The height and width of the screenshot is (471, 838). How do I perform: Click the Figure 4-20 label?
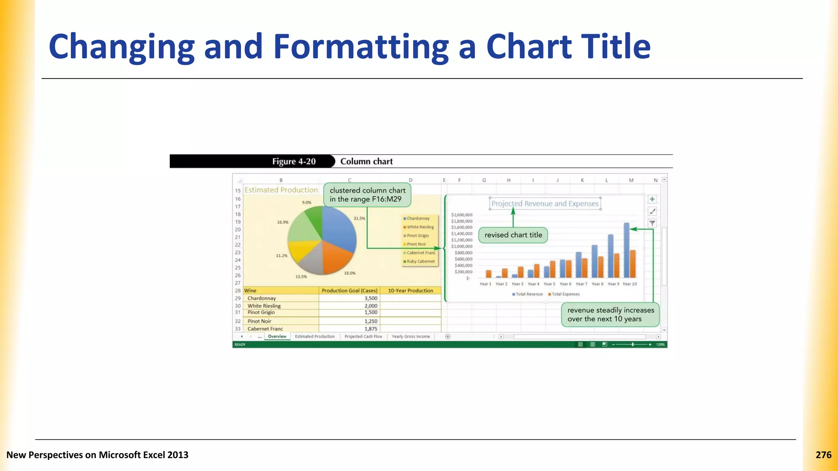click(294, 161)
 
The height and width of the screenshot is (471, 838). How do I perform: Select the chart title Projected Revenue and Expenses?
click(545, 204)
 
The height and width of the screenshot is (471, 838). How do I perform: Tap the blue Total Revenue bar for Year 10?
click(626, 250)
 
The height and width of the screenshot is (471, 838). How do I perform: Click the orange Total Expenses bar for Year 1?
click(489, 274)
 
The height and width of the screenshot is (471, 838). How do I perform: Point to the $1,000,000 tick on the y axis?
click(462, 247)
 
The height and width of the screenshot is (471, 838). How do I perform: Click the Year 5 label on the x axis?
click(549, 284)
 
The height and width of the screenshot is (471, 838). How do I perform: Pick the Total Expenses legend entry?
click(565, 294)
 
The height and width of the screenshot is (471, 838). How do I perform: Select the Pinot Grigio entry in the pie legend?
click(417, 236)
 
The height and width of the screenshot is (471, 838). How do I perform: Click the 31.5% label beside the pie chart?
click(359, 218)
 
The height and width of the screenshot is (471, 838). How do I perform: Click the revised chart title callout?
click(513, 235)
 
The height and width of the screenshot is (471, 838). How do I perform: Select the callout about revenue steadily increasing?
click(610, 314)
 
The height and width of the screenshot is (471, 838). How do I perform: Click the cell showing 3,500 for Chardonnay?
click(370, 298)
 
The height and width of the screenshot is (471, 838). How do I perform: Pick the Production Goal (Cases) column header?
click(349, 291)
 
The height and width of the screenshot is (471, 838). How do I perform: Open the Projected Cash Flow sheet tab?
click(363, 336)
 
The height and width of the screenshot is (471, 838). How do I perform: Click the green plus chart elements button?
click(652, 199)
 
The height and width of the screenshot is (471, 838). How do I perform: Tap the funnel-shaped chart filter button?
click(652, 223)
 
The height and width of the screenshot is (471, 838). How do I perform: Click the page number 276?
click(823, 455)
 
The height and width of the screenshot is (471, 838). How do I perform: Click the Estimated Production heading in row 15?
click(281, 190)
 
